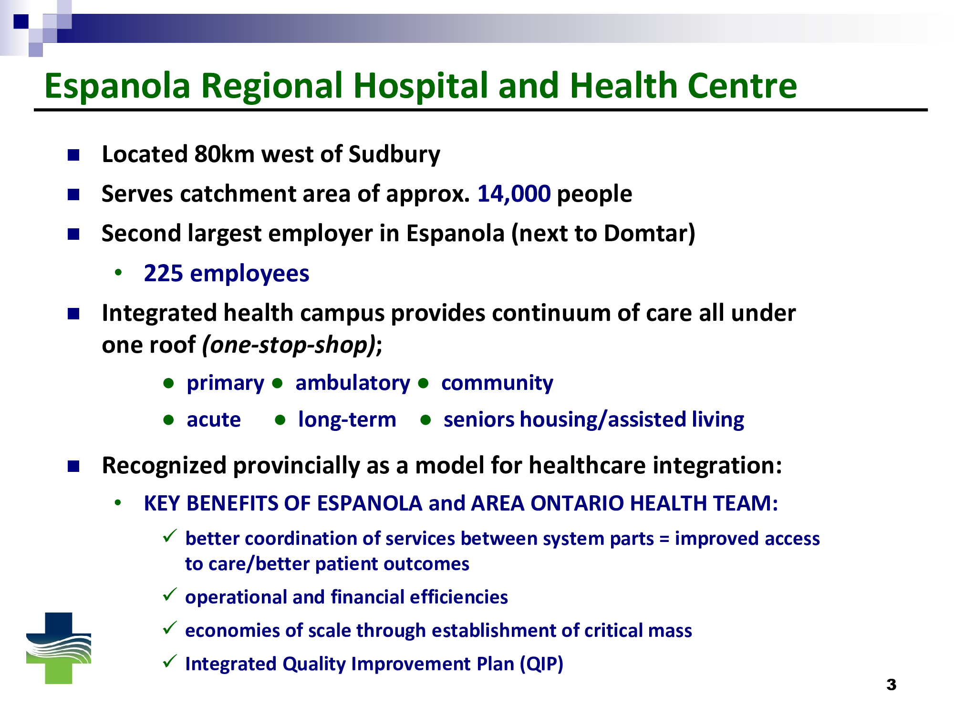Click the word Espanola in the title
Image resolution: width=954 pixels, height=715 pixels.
(x=117, y=86)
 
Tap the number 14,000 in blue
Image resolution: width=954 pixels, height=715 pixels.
(x=514, y=194)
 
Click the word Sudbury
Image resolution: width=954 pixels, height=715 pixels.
(x=394, y=154)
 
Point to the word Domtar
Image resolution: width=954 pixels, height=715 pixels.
(x=646, y=234)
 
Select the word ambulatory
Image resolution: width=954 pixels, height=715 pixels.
(x=353, y=383)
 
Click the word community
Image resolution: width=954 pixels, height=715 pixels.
(x=497, y=383)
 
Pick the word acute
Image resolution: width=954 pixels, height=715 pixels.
(x=214, y=420)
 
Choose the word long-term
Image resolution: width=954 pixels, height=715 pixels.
(x=347, y=420)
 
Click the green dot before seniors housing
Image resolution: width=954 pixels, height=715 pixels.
(x=426, y=420)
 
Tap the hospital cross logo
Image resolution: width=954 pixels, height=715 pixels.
(x=59, y=648)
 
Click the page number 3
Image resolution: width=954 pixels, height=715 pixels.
(x=891, y=685)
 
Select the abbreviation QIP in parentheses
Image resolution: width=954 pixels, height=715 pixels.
(x=541, y=664)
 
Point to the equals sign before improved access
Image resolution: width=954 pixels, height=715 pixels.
(x=664, y=539)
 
